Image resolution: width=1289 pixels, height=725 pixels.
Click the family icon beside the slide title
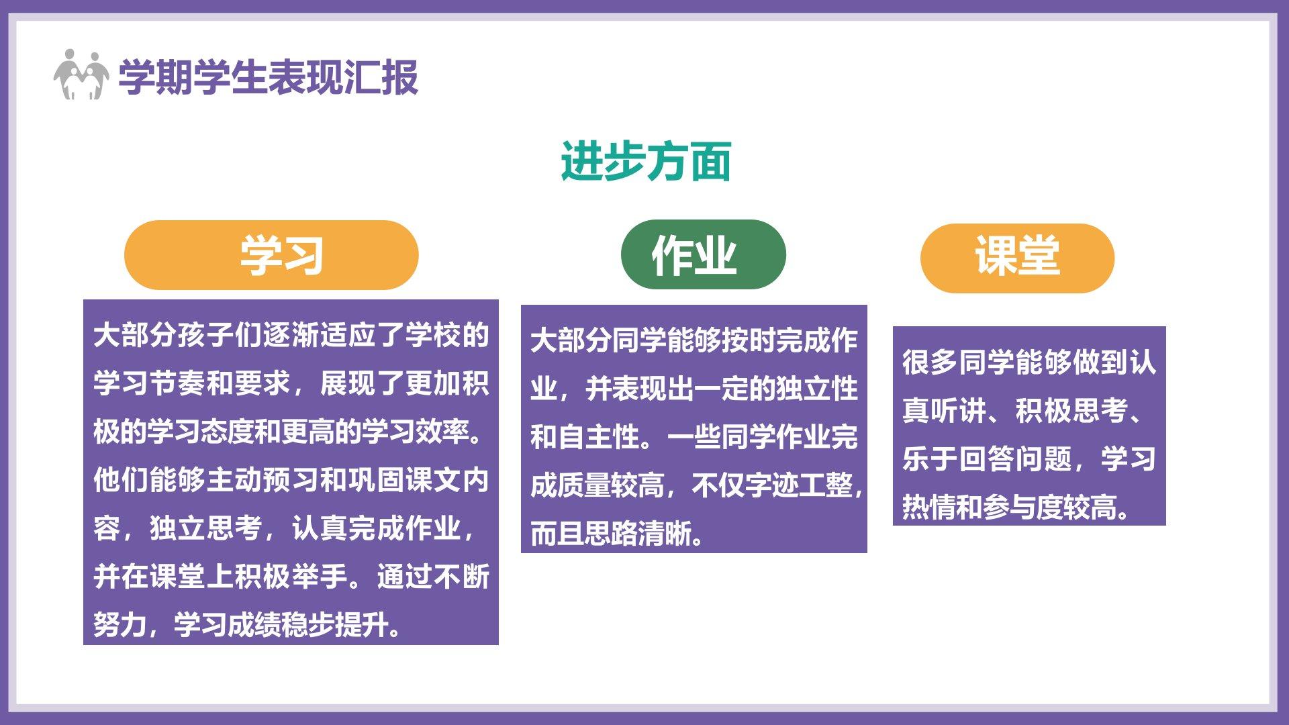(81, 75)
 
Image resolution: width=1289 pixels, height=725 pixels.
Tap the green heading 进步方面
(646, 161)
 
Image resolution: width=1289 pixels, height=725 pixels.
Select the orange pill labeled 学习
(271, 255)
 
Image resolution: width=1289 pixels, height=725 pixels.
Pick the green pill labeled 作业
(704, 254)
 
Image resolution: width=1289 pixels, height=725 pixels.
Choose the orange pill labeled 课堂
(1017, 258)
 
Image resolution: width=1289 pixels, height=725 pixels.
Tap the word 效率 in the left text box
(443, 432)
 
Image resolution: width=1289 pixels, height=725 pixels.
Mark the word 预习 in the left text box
(291, 480)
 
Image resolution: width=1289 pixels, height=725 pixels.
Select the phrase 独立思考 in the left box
(206, 528)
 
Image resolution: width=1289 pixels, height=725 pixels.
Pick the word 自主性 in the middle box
(599, 437)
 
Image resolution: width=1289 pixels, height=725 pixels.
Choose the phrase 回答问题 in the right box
(1015, 458)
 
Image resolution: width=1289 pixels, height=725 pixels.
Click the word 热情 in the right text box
(929, 507)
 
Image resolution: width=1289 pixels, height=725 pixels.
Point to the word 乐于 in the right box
(930, 458)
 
